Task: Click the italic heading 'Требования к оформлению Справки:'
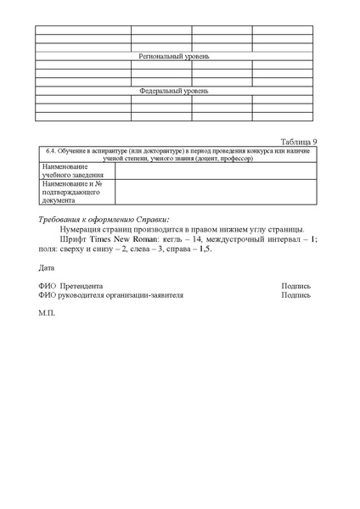[104, 220]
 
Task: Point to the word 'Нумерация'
[83, 230]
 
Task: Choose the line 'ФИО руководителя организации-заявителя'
[110, 295]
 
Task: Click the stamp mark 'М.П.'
[47, 313]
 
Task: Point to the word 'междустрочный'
[239, 240]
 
